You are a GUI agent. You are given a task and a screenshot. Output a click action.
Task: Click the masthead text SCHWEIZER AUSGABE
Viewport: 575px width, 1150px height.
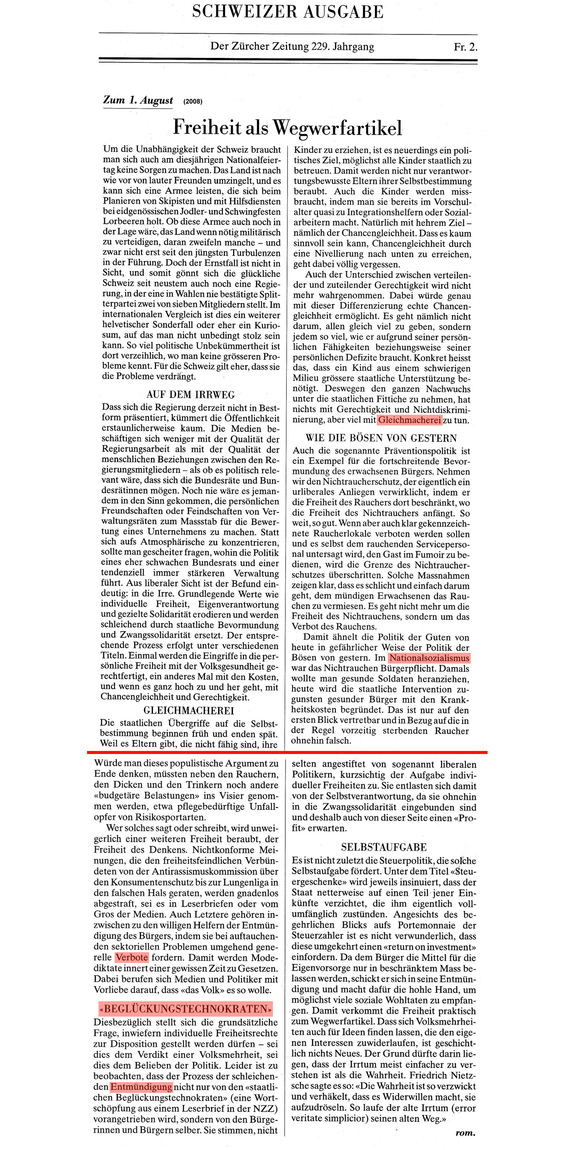(287, 11)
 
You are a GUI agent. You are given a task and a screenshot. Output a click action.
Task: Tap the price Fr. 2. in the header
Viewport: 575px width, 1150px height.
(465, 47)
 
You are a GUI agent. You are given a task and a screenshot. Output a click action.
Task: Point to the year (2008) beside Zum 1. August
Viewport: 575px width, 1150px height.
(192, 101)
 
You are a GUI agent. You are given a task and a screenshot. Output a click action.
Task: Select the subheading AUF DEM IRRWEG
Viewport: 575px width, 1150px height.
(190, 395)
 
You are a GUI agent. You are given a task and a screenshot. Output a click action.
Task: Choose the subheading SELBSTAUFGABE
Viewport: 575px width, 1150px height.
(383, 847)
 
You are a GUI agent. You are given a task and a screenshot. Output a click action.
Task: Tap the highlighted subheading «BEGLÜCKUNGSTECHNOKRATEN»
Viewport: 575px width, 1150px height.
(185, 1009)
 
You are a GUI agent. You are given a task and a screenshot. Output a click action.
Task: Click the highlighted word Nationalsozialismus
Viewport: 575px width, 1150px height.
(429, 658)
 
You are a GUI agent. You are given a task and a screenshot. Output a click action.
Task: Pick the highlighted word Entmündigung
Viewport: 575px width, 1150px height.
(141, 1087)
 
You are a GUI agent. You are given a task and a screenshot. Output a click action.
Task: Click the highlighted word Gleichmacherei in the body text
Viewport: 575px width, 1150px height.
(409, 420)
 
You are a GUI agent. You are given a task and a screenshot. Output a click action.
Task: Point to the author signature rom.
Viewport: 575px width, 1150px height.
(465, 1133)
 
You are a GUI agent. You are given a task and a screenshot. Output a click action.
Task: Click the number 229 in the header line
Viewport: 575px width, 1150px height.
(320, 46)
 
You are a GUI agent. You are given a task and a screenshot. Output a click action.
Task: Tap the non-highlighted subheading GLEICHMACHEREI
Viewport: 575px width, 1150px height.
(188, 710)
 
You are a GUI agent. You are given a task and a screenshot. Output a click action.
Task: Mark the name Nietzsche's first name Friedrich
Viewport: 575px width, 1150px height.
(429, 1075)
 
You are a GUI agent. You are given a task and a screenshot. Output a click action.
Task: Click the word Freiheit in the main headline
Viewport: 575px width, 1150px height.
(207, 128)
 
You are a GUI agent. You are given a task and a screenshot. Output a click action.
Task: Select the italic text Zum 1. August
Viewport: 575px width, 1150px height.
(138, 100)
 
